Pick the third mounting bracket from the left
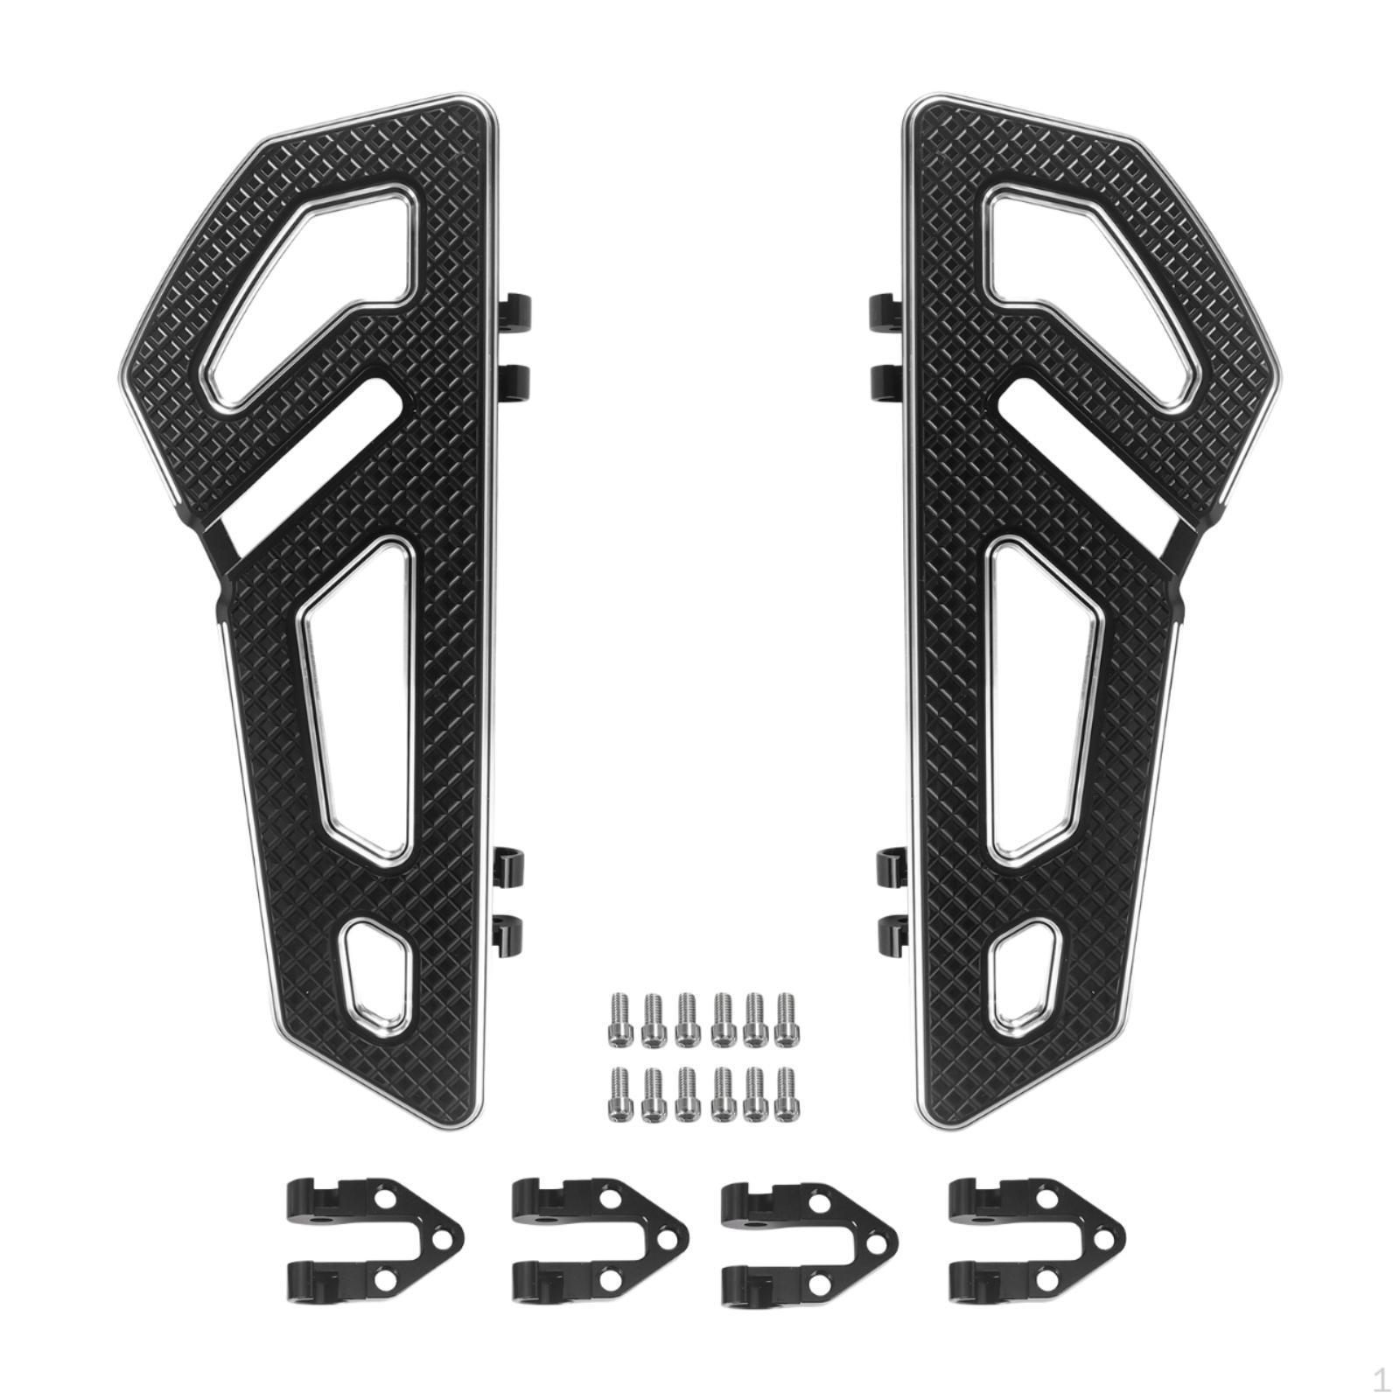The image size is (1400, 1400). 805,1235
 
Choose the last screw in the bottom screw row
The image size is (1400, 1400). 785,1093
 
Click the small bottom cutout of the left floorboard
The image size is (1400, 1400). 374,971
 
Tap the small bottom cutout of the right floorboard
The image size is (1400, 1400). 1026,971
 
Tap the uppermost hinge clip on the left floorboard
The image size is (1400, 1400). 518,311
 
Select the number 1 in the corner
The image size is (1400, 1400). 1381,1381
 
